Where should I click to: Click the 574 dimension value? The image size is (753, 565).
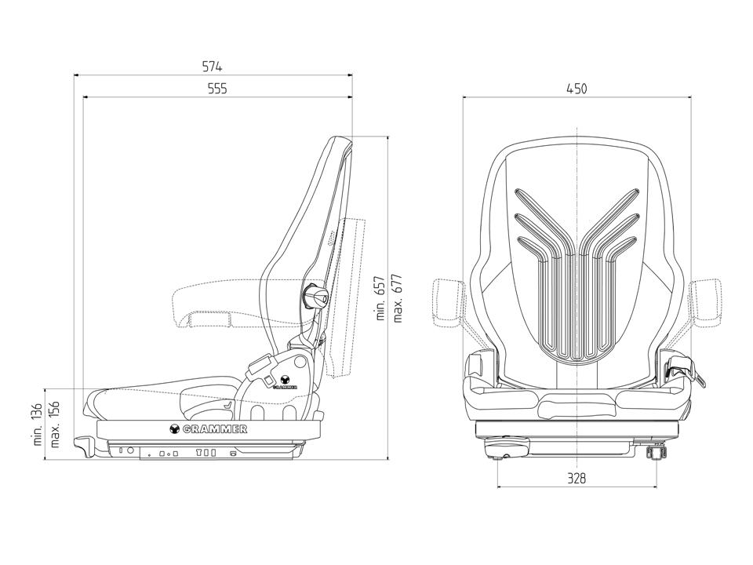click(213, 67)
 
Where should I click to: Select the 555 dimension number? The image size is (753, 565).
click(217, 89)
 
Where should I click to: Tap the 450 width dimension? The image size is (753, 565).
click(577, 89)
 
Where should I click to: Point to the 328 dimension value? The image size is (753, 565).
click(577, 478)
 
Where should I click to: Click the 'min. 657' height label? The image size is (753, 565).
click(380, 298)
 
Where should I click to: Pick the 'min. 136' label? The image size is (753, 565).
click(38, 425)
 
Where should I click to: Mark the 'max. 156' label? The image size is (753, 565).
click(55, 425)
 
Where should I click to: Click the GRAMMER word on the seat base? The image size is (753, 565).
click(214, 428)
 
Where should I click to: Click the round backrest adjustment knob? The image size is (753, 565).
click(315, 297)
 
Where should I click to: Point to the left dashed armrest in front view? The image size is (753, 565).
click(449, 301)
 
